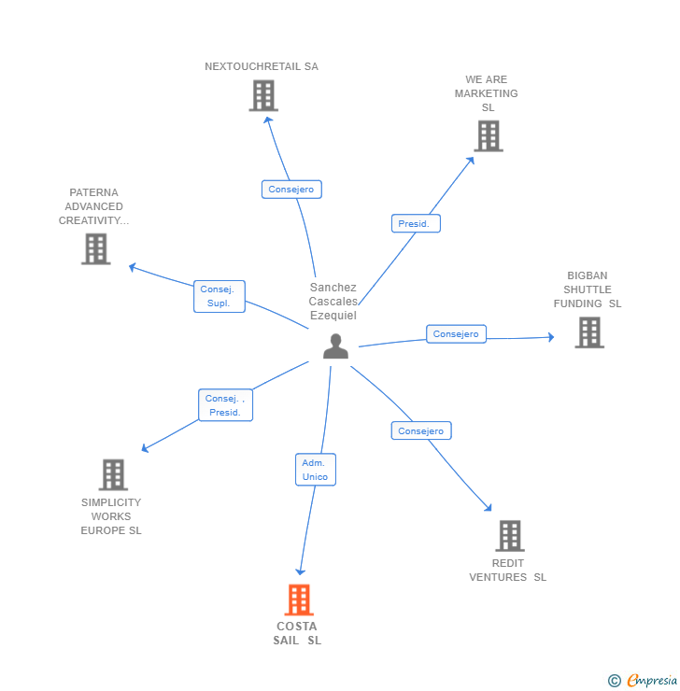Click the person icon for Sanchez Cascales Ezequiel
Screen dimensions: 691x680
(335, 346)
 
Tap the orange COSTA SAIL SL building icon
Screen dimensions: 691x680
(299, 599)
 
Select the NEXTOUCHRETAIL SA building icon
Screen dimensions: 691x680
(263, 95)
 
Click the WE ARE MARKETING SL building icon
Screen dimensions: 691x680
(488, 136)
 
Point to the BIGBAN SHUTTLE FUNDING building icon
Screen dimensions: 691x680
(588, 332)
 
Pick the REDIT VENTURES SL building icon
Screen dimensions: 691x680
(509, 536)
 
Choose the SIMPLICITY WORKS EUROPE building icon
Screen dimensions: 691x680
(112, 474)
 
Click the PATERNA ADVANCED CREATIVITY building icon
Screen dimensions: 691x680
(95, 249)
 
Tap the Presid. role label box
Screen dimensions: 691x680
(415, 224)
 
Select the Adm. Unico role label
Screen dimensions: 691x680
(315, 470)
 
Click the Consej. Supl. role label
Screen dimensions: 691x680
(220, 297)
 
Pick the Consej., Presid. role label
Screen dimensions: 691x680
(225, 405)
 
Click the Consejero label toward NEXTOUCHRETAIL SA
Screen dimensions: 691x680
(291, 190)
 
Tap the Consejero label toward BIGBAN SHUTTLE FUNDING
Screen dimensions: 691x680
(456, 334)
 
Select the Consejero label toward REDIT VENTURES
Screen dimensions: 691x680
(421, 430)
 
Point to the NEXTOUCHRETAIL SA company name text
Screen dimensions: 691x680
(262, 66)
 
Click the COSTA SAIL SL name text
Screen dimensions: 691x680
(297, 633)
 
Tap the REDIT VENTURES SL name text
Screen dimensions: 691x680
(508, 570)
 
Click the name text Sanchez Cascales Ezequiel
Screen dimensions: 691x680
(333, 302)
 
